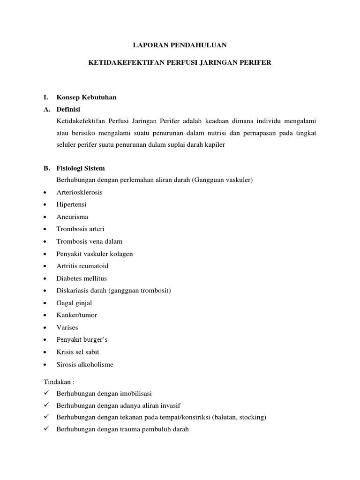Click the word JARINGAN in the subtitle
(x=224, y=62)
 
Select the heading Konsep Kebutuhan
(x=86, y=97)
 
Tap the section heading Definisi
(x=68, y=110)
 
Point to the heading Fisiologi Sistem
(x=81, y=168)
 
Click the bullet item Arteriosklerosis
(x=79, y=192)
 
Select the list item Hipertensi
(x=71, y=204)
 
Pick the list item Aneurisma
(x=72, y=217)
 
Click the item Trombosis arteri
(x=80, y=229)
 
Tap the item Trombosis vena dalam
(x=89, y=241)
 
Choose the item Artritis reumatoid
(x=82, y=266)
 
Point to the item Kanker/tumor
(x=76, y=315)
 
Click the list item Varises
(x=67, y=327)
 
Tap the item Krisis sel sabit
(x=77, y=352)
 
